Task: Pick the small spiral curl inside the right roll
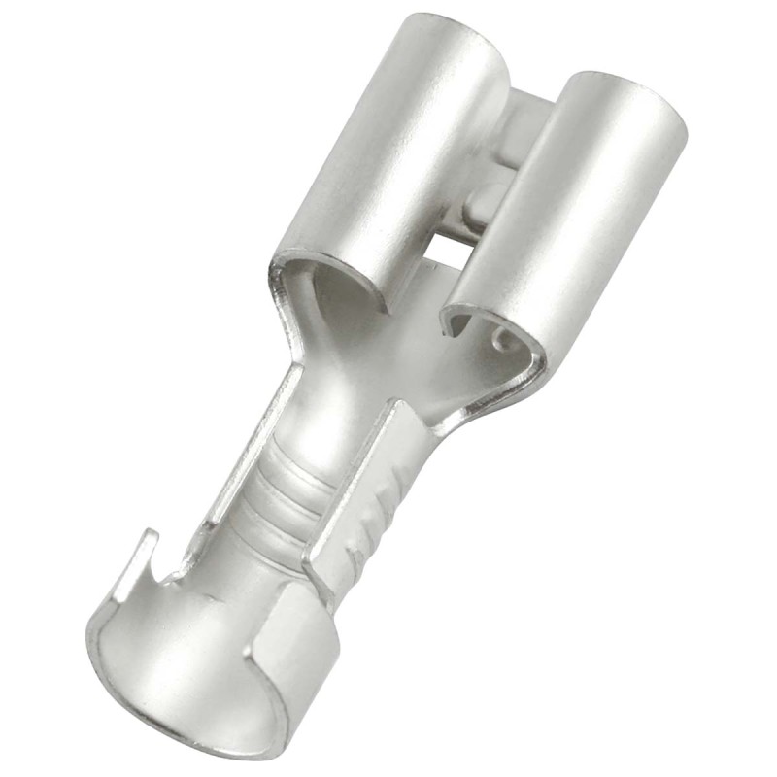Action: [501, 340]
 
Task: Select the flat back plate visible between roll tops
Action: [529, 117]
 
